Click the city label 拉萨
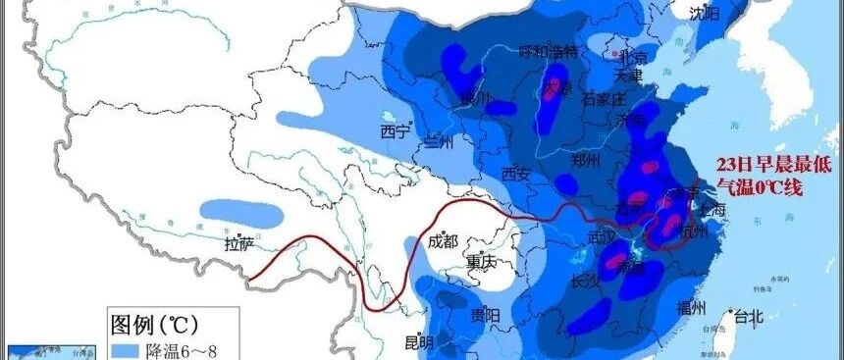click(238, 243)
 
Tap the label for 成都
click(442, 241)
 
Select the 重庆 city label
click(482, 263)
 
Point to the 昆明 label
click(419, 341)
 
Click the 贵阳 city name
click(485, 315)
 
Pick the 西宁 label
click(396, 132)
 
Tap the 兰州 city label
click(438, 142)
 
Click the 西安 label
click(515, 175)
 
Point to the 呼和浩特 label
click(548, 51)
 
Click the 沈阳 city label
click(704, 13)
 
